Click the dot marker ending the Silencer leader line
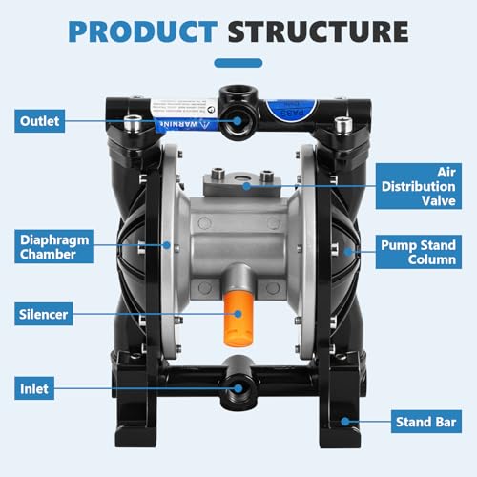pyautogui.click(x=225, y=314)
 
